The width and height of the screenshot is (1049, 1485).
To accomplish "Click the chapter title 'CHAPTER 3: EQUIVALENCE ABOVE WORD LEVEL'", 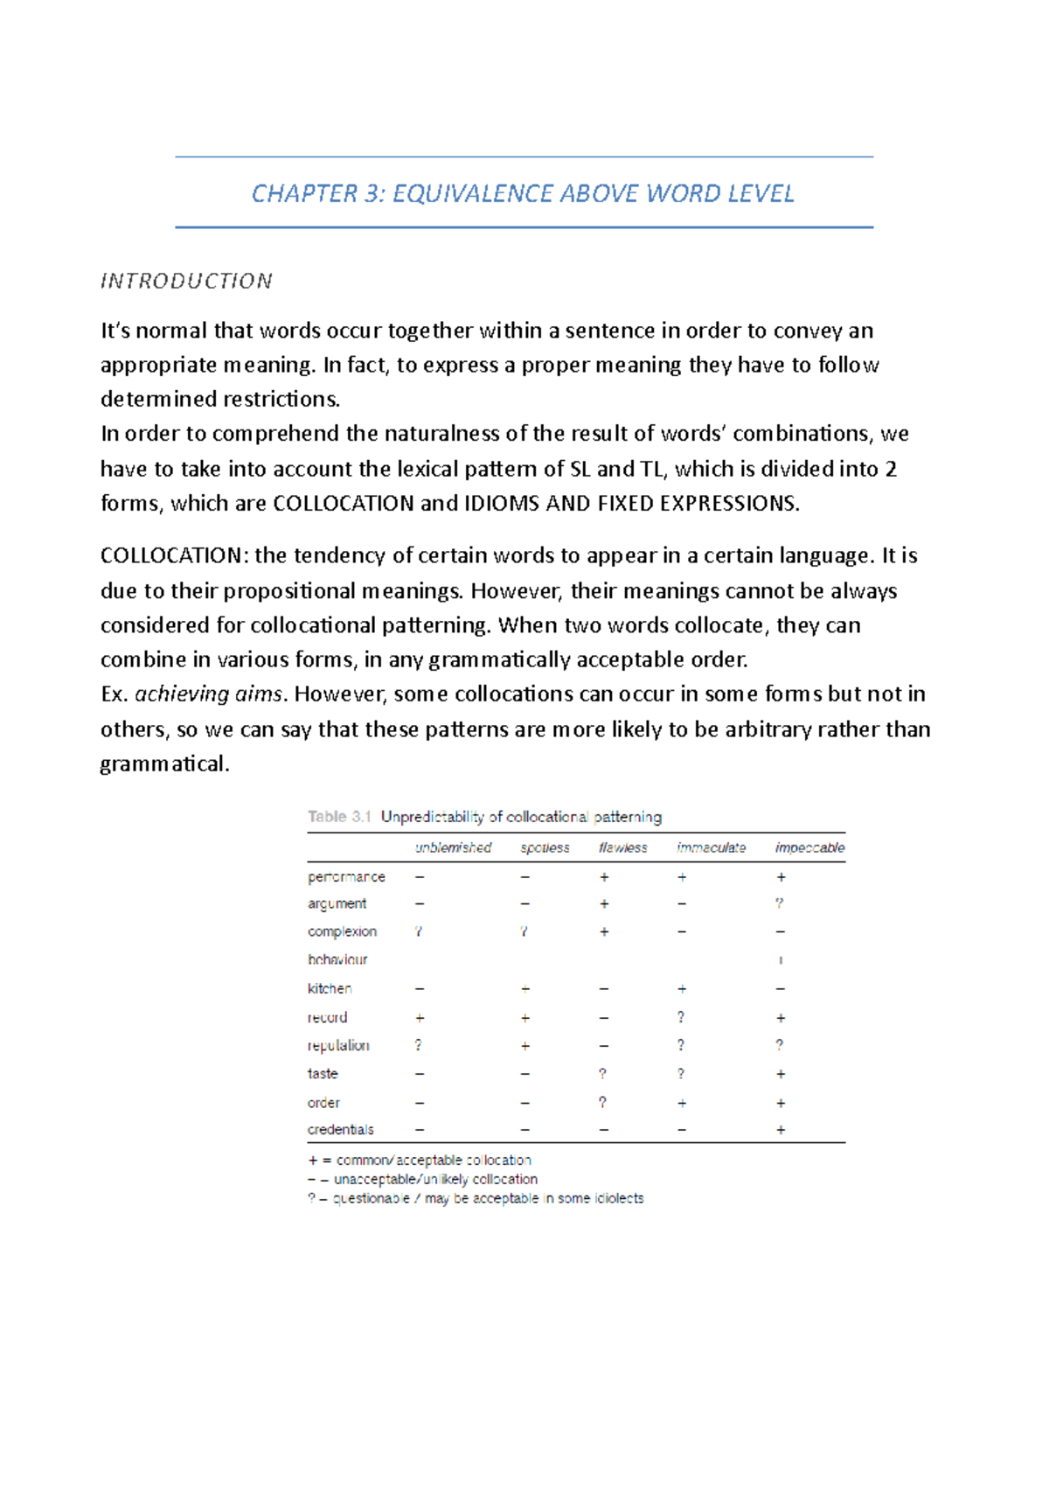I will pos(523,193).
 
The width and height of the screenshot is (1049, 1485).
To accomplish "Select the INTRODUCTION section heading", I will pos(186,281).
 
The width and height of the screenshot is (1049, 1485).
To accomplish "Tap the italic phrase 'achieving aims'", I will pos(209,694).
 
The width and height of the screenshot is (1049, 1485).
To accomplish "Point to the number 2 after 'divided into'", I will pos(891,469).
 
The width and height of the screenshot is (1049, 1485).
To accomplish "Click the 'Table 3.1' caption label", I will pos(339,817).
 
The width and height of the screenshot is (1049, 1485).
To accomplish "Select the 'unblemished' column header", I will pos(453,847).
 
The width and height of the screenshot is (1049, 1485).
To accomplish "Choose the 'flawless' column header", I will pos(622,847).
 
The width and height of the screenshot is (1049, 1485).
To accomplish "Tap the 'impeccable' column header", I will pos(809,847).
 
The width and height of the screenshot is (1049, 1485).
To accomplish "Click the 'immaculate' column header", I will pos(711,847).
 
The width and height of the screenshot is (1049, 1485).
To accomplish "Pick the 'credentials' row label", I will pos(340,1130).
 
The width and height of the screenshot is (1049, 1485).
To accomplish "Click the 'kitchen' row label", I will pos(330,988).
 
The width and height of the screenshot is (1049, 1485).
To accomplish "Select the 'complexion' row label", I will pos(342,931).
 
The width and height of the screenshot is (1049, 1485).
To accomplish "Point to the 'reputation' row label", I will pos(338,1045).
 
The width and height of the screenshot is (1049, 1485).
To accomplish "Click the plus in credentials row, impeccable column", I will pos(781,1130).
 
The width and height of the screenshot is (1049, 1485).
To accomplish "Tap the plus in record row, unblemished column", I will pos(420,1018).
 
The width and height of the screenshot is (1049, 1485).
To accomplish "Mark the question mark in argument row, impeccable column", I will pos(780,903).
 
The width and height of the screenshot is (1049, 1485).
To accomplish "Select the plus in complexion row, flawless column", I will pos(604,931).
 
